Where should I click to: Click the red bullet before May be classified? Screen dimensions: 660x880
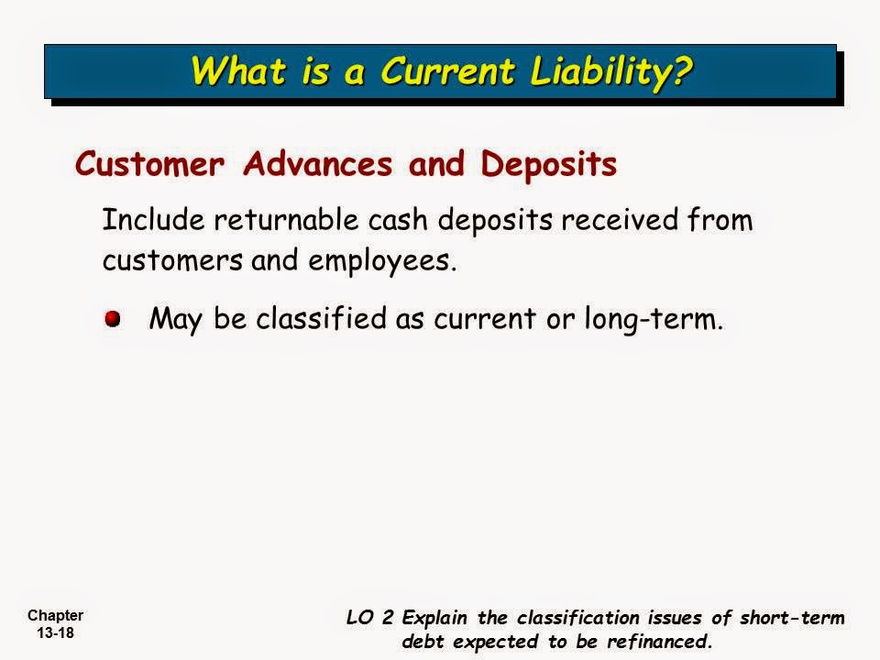112,318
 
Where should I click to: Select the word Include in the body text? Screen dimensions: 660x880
151,221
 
